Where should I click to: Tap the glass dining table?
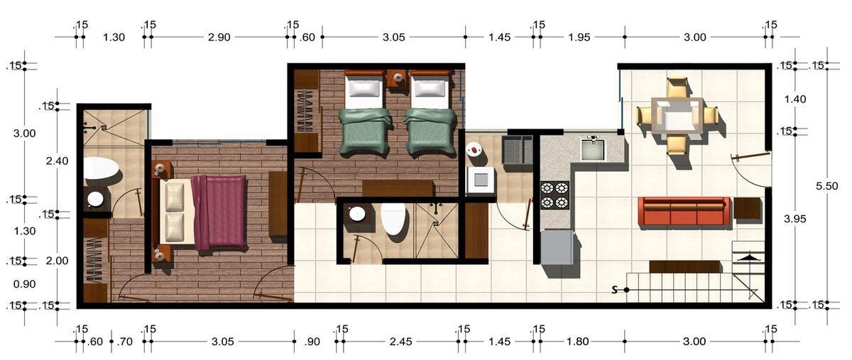677,116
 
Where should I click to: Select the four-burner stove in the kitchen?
555,195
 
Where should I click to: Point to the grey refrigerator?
557,246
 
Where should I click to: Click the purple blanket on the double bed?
219,212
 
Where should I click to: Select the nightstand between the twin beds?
398,79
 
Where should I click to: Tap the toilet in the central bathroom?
394,219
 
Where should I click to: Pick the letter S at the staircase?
614,290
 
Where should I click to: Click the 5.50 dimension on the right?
827,186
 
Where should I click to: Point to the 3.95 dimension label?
795,219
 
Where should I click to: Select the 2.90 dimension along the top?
219,38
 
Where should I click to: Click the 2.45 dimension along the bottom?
400,342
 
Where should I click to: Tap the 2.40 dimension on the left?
57,161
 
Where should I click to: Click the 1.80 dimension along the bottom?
578,342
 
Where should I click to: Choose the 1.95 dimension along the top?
579,38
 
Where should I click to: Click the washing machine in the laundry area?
481,180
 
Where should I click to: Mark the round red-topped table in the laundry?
474,149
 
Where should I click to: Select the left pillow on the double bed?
175,193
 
